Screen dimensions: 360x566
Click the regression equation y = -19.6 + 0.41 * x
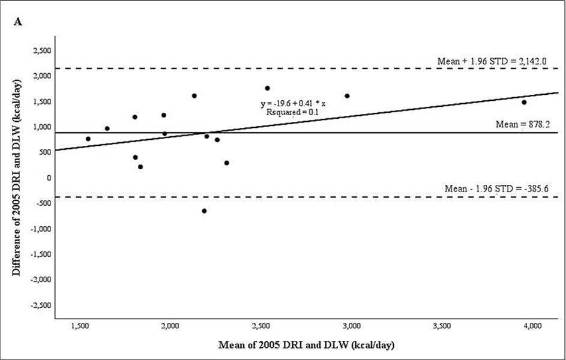(x=289, y=103)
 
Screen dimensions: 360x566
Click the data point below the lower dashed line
(x=205, y=211)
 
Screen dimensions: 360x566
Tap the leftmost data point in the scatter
(x=88, y=139)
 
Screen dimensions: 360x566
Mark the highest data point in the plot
(x=268, y=88)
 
